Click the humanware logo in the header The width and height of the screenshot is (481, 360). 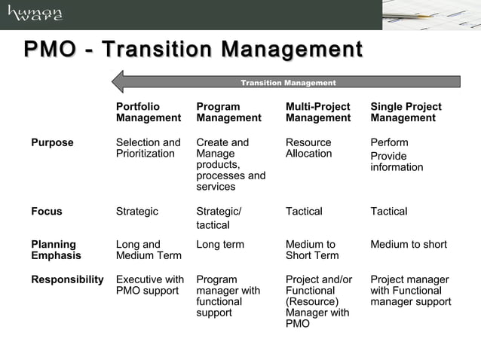[x=35, y=14]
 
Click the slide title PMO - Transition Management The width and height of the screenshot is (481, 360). [x=193, y=50]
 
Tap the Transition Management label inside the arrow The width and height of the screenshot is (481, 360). [x=288, y=83]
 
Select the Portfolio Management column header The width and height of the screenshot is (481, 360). [x=149, y=112]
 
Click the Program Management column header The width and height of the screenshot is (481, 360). [x=228, y=112]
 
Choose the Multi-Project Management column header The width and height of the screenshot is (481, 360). [x=318, y=112]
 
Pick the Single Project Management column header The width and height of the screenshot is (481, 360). [x=406, y=112]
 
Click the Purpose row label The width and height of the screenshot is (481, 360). [x=52, y=142]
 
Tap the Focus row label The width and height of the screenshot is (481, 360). [x=46, y=212]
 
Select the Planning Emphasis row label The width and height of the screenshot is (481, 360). [x=55, y=249]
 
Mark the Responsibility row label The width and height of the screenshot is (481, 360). [x=66, y=279]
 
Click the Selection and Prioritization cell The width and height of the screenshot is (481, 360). [x=148, y=148]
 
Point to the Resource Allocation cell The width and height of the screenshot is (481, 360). [x=308, y=148]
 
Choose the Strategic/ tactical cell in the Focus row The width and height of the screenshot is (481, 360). [x=219, y=218]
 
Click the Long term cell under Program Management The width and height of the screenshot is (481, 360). [x=220, y=244]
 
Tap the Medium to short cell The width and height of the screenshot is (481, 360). [x=409, y=244]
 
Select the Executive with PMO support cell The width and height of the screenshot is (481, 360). [x=149, y=285]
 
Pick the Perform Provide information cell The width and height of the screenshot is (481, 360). [x=397, y=154]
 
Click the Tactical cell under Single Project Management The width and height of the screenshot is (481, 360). [x=388, y=212]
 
